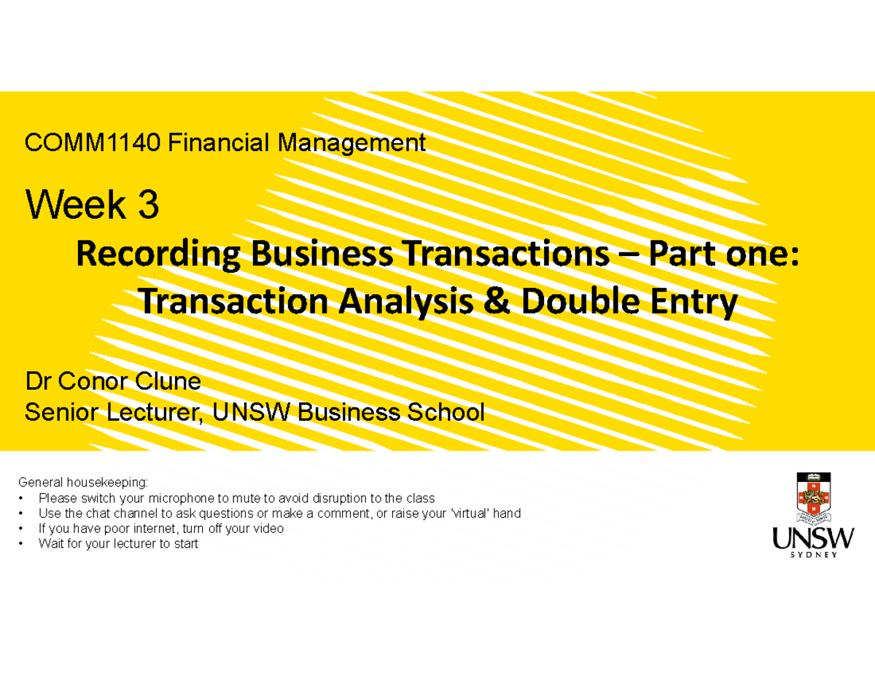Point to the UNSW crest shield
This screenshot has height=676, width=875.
[813, 498]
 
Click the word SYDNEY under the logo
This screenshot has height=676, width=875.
[813, 554]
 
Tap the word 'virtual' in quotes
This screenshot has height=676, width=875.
[470, 513]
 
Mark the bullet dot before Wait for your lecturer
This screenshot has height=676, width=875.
[24, 544]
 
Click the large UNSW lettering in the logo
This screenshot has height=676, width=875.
[813, 540]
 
